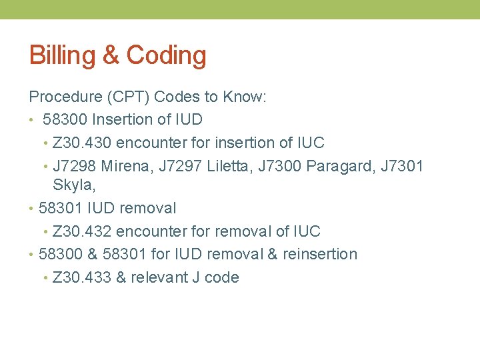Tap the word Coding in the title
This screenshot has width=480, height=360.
click(x=166, y=55)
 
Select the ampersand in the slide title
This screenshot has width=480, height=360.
click(x=111, y=55)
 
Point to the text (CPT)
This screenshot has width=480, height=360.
click(x=127, y=97)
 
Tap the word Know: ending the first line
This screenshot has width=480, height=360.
click(x=245, y=97)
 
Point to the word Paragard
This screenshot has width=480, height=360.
click(x=340, y=166)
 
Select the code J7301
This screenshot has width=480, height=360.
click(x=401, y=166)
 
